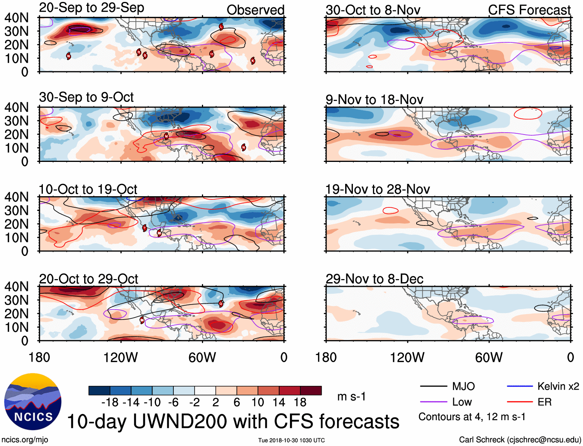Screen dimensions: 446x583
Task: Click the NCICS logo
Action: click(33, 401)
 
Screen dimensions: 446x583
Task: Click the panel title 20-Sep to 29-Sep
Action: click(92, 8)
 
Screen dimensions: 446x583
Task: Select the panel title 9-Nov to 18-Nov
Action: click(374, 99)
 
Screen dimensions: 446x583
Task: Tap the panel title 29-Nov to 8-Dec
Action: click(374, 279)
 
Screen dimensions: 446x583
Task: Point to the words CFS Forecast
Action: click(529, 10)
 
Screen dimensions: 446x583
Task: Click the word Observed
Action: click(255, 10)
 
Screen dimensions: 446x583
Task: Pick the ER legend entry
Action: click(544, 402)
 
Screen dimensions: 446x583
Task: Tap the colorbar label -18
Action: click(110, 402)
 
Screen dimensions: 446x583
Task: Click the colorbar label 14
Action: click(279, 402)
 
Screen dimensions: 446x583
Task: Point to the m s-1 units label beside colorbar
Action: click(351, 396)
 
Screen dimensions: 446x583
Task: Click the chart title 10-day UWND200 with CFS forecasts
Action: click(233, 421)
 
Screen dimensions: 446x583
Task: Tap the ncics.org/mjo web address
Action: click(25, 439)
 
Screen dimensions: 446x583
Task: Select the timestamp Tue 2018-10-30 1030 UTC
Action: click(291, 440)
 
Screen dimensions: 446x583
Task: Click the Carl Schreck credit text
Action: click(520, 439)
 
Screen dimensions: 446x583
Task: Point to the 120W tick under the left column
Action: click(120, 357)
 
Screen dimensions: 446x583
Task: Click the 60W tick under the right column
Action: click(489, 357)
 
